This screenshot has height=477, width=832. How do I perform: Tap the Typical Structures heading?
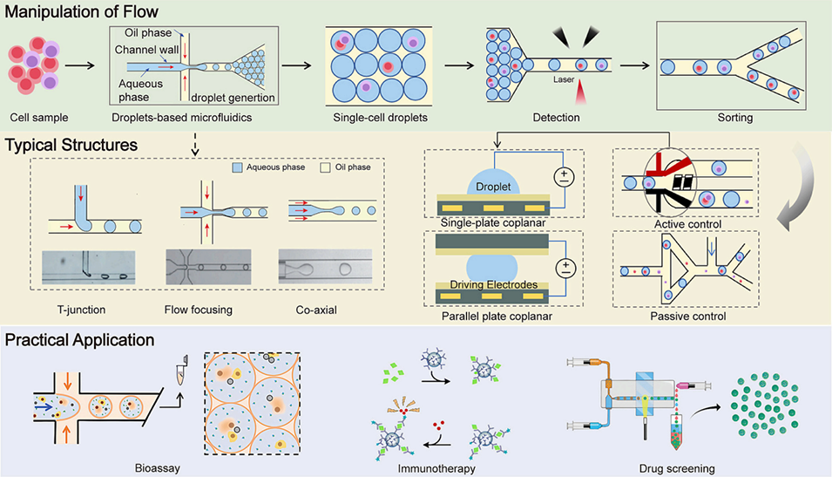click(x=71, y=143)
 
